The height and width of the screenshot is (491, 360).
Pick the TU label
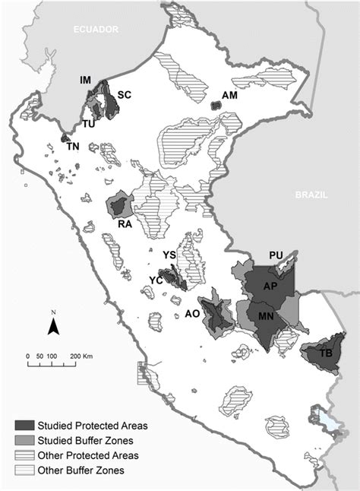[x=89, y=124]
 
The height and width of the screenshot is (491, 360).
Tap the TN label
[x=73, y=147]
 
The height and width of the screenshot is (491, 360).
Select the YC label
[x=156, y=280]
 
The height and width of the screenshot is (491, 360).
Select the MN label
[x=266, y=315]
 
